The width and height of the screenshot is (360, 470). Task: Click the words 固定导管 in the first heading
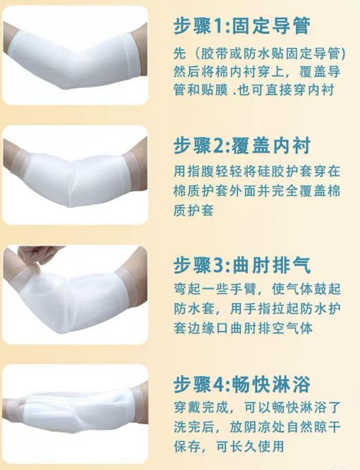271,25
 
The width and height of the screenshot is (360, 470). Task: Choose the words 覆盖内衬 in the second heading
271,146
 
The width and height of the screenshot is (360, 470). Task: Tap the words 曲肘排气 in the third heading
271,265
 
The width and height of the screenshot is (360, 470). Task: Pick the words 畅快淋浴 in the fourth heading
271,384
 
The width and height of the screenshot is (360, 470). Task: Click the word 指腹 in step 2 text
202,171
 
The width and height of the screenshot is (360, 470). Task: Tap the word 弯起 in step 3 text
188,289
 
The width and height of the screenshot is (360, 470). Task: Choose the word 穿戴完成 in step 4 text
202,407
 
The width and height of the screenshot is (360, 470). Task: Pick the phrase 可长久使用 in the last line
250,447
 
